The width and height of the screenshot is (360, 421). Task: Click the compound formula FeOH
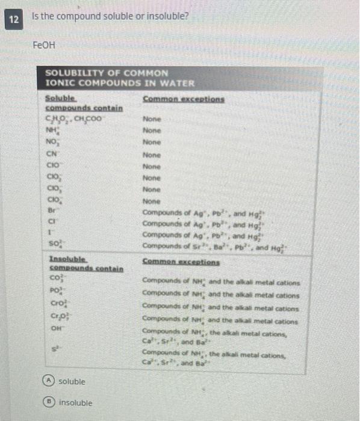[x=45, y=45]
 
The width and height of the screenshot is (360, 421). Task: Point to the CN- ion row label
[x=52, y=154]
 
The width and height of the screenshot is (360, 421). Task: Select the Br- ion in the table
[x=52, y=212]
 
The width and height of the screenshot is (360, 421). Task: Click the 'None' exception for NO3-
[x=152, y=143]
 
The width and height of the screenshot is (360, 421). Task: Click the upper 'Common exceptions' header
[x=183, y=99]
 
